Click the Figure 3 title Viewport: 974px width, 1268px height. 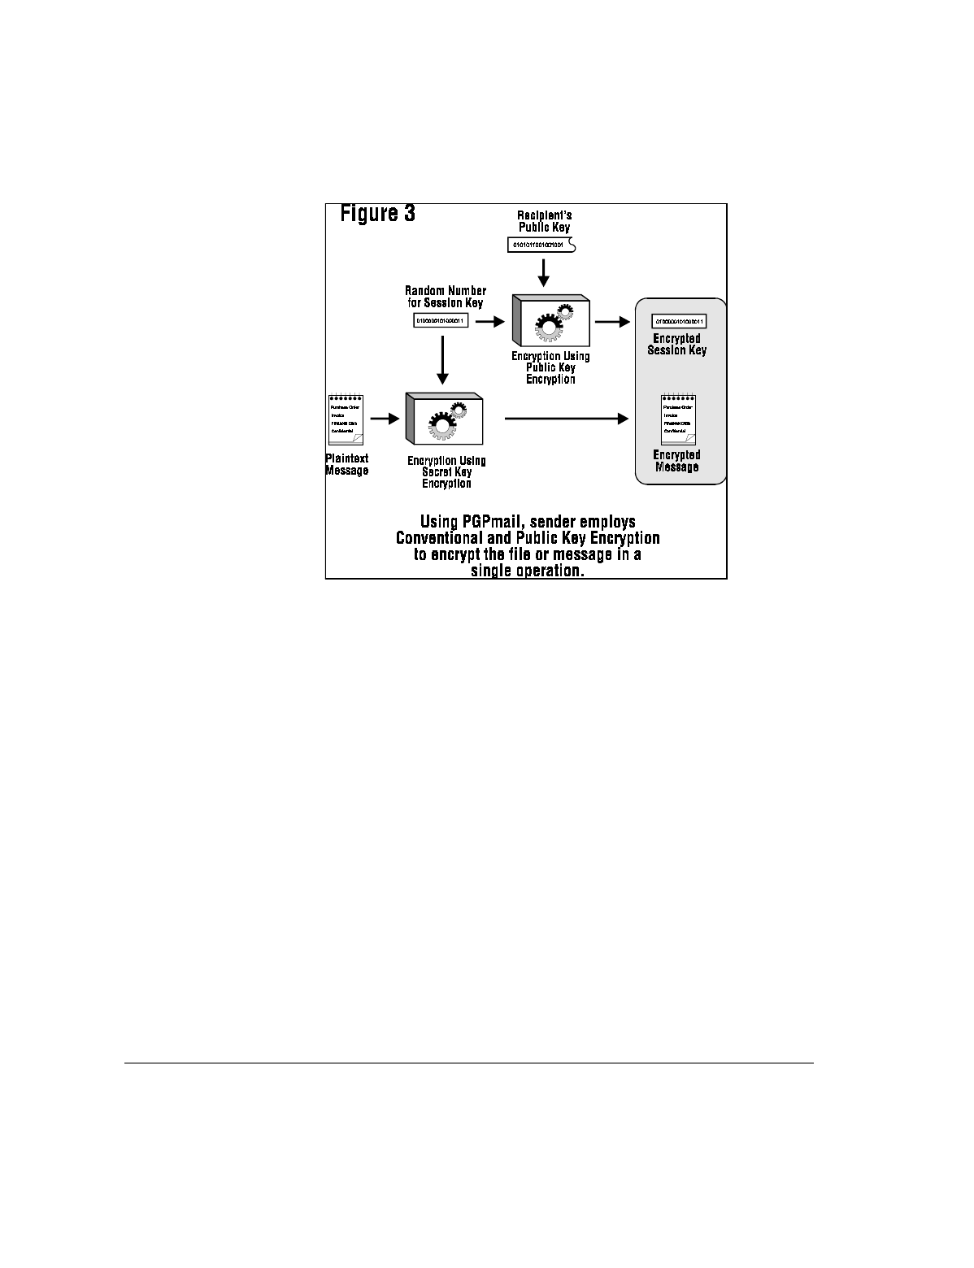[x=377, y=214]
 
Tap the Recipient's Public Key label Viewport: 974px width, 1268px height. [x=545, y=221]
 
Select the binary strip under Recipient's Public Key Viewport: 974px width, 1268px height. [x=539, y=244]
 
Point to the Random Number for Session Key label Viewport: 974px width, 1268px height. [x=446, y=297]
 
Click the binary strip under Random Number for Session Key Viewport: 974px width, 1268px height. [x=441, y=321]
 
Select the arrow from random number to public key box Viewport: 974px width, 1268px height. [x=490, y=322]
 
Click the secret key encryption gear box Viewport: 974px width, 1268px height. [x=445, y=419]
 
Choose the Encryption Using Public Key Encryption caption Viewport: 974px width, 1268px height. [x=550, y=367]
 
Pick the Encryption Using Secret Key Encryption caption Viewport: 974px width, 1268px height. [x=446, y=472]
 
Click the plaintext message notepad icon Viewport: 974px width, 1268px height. [x=346, y=419]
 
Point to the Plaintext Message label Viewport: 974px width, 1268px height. [x=347, y=464]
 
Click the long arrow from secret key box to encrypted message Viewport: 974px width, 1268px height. [x=567, y=419]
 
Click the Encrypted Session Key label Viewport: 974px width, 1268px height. [x=676, y=344]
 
